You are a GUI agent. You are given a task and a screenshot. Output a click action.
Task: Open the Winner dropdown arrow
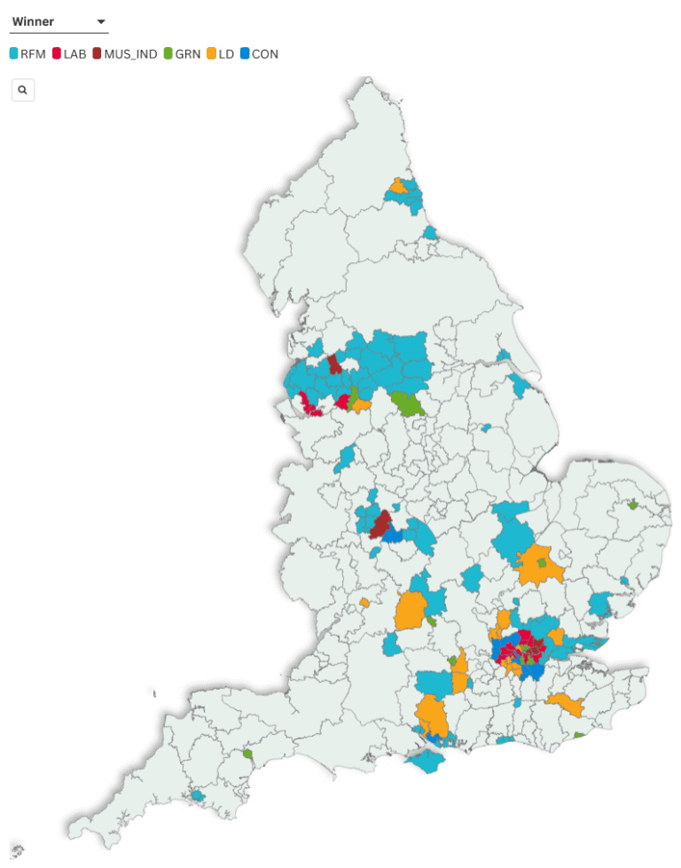pyautogui.click(x=101, y=22)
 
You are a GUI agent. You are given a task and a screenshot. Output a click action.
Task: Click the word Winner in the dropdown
pyautogui.click(x=33, y=22)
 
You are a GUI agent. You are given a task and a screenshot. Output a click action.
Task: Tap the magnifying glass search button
pyautogui.click(x=23, y=90)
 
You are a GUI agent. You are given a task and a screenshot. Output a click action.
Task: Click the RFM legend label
pyautogui.click(x=33, y=54)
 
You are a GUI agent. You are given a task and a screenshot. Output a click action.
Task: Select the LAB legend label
pyautogui.click(x=75, y=54)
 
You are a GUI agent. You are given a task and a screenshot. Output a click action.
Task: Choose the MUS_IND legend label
pyautogui.click(x=130, y=54)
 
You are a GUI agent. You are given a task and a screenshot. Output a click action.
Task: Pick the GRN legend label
pyautogui.click(x=188, y=54)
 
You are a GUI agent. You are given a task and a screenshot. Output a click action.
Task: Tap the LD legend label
pyautogui.click(x=226, y=54)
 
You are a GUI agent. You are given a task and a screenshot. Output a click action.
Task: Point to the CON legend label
pyautogui.click(x=265, y=54)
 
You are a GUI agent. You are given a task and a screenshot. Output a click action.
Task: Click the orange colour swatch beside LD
pyautogui.click(x=211, y=54)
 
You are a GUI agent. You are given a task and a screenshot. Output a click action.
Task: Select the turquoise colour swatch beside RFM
pyautogui.click(x=13, y=54)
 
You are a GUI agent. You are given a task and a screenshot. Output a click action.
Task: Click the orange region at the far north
pyautogui.click(x=399, y=187)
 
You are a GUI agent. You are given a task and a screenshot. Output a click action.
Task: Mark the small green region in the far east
pyautogui.click(x=633, y=504)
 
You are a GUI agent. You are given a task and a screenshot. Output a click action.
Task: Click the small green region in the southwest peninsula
pyautogui.click(x=248, y=755)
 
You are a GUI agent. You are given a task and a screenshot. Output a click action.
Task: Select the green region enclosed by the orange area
pyautogui.click(x=542, y=563)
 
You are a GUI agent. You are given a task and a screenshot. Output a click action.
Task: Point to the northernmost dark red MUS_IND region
pyautogui.click(x=334, y=365)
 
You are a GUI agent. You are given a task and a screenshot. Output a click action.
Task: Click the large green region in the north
pyautogui.click(x=408, y=403)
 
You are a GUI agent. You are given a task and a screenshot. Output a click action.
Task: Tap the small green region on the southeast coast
pyautogui.click(x=579, y=735)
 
